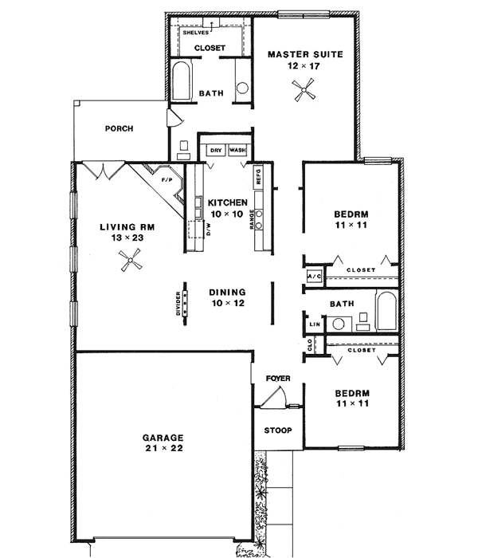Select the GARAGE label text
(x=163, y=438)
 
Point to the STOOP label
(x=277, y=430)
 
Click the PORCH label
(x=119, y=128)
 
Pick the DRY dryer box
(x=215, y=150)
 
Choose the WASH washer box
(x=237, y=150)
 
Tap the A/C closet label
(x=313, y=277)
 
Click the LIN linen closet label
(x=313, y=324)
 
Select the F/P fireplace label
(x=167, y=180)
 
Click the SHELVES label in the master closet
(x=194, y=33)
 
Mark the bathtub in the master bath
(x=180, y=81)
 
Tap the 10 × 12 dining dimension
(x=227, y=304)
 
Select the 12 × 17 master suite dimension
(x=304, y=67)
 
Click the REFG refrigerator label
(x=258, y=175)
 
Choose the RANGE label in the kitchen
(x=253, y=219)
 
